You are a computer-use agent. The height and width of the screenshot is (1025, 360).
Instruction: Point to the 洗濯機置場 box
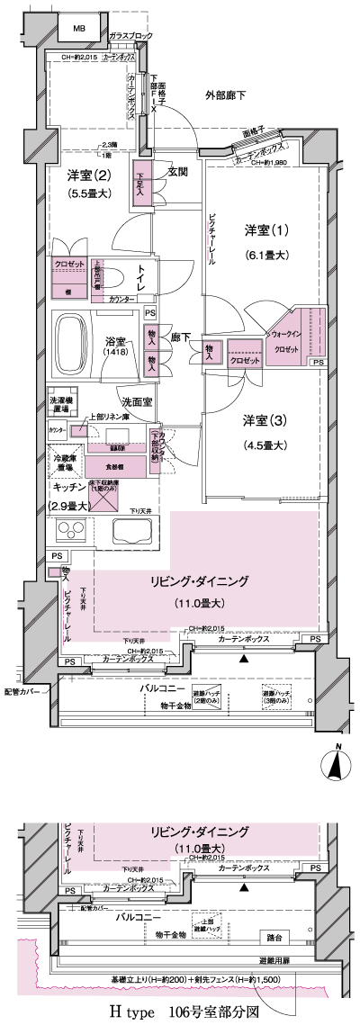click(64, 405)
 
